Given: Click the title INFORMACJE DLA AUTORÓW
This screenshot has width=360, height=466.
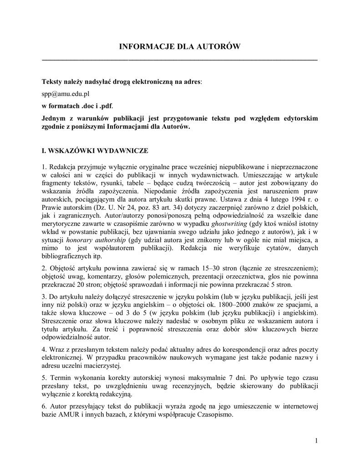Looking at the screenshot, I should click(179, 47).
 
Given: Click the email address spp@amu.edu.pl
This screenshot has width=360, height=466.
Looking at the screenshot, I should click(66, 93).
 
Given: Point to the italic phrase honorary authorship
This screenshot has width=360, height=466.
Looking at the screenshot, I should click(95, 240).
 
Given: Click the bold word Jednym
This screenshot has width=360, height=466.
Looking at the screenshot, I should click(54, 118).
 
